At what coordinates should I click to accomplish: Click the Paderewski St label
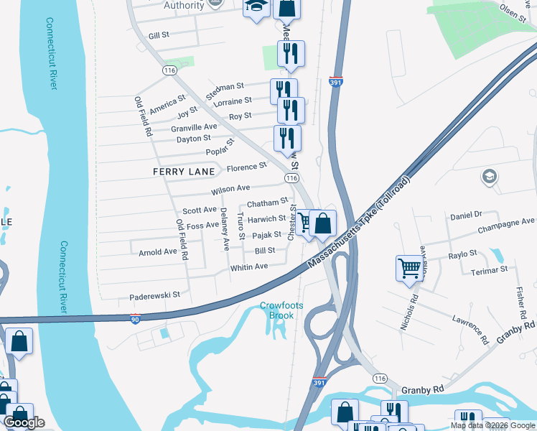154,295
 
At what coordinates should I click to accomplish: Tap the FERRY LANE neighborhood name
184,172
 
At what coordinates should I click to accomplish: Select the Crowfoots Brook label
281,310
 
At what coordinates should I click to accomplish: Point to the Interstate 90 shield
136,319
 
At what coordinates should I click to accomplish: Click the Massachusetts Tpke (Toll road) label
361,222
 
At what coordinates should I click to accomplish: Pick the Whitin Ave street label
248,267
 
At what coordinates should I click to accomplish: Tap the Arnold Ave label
157,252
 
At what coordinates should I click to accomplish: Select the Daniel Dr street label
466,214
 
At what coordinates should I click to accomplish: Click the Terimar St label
490,269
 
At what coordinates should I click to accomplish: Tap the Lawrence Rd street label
470,327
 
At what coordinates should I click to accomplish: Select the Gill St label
158,34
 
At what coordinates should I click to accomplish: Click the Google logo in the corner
24,422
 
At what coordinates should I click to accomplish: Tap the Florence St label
246,167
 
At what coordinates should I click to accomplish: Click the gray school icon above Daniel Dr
490,177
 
